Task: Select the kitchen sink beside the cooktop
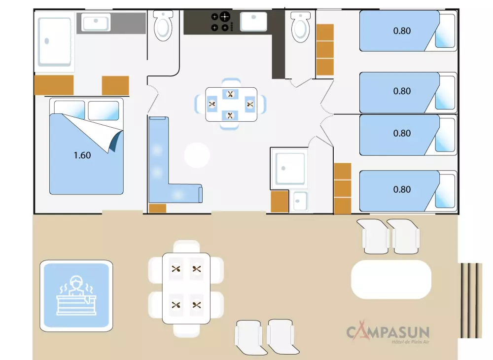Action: point(253,22)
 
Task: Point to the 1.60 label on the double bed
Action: point(82,155)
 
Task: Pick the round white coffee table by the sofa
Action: point(197,156)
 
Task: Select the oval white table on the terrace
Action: point(391,280)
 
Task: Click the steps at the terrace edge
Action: point(471,300)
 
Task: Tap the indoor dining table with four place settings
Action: point(231,104)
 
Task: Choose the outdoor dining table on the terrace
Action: point(186,288)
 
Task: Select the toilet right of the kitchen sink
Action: point(299,27)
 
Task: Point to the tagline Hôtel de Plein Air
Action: point(410,342)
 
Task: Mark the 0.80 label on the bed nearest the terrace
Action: point(402,190)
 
